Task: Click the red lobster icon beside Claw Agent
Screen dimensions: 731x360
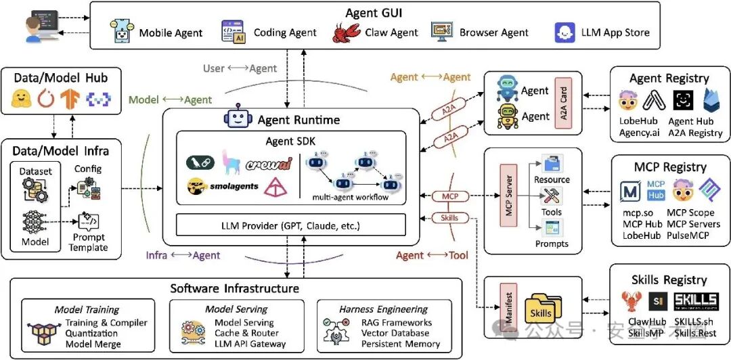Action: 347,32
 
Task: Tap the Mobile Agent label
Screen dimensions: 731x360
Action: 171,33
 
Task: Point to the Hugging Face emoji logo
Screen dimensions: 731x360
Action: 20,98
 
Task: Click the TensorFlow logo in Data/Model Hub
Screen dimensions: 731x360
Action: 70,98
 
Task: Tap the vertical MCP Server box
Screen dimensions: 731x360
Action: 509,195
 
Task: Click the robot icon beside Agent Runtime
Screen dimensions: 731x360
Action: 238,118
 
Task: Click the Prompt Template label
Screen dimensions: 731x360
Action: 88,242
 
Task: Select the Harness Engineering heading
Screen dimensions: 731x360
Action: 383,309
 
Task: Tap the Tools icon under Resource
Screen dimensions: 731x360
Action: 552,196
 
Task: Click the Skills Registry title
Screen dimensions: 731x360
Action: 669,279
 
